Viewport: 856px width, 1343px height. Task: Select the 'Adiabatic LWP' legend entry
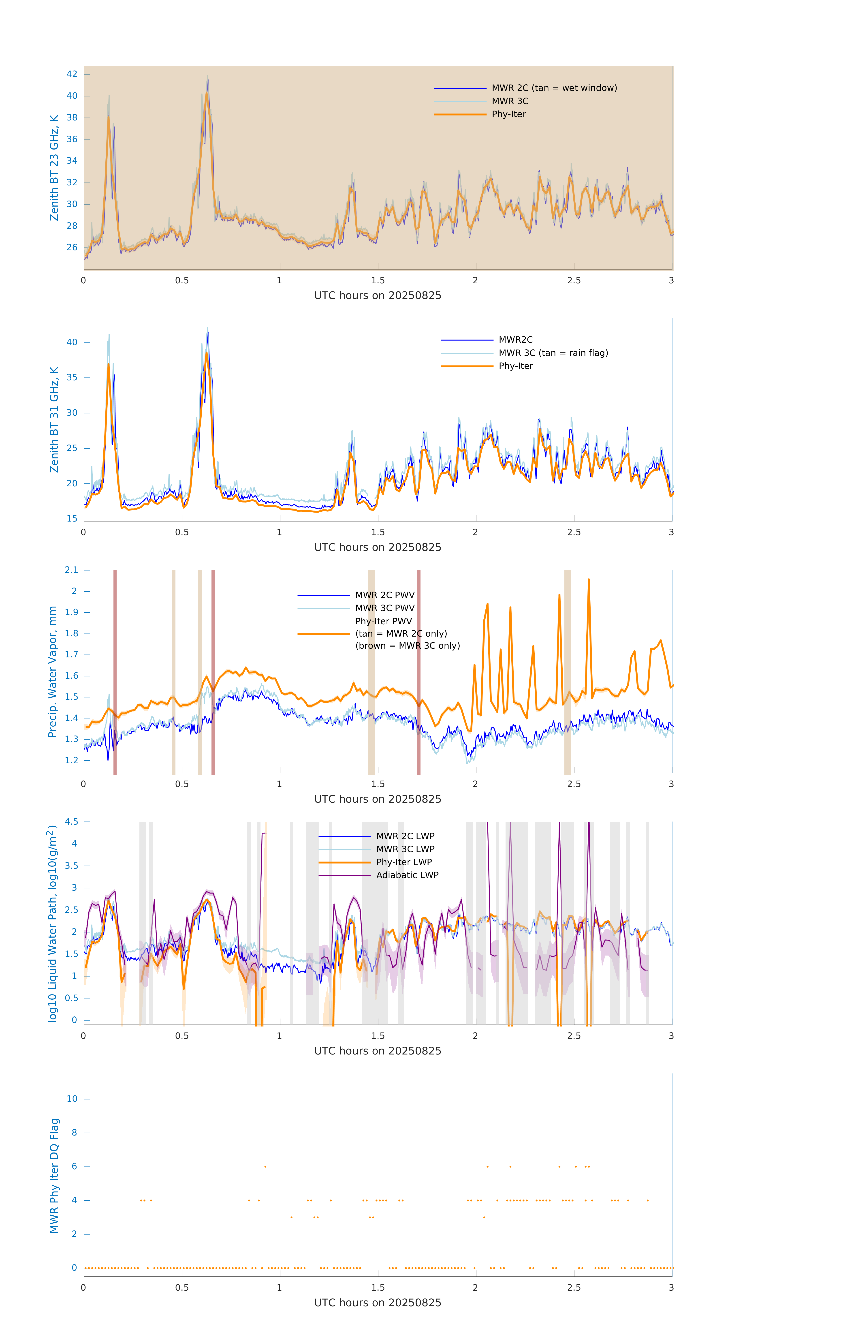point(407,875)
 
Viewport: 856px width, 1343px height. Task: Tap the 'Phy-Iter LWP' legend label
point(404,862)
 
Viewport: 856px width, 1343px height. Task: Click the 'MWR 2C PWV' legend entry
point(385,595)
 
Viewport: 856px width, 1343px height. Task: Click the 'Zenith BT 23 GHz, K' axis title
point(54,168)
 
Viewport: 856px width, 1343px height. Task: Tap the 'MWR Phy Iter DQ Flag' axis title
point(54,1176)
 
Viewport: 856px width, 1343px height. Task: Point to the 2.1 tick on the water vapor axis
point(71,570)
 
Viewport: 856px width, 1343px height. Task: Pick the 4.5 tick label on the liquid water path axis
point(71,821)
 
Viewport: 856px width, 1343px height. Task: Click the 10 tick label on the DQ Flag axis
point(72,1099)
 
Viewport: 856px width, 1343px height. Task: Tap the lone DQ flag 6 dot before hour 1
point(265,1166)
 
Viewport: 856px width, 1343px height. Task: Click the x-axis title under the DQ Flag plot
point(378,1303)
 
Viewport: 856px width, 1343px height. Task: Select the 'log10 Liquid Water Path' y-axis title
point(52,923)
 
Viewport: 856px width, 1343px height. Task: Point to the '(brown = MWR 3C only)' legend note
point(408,646)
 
